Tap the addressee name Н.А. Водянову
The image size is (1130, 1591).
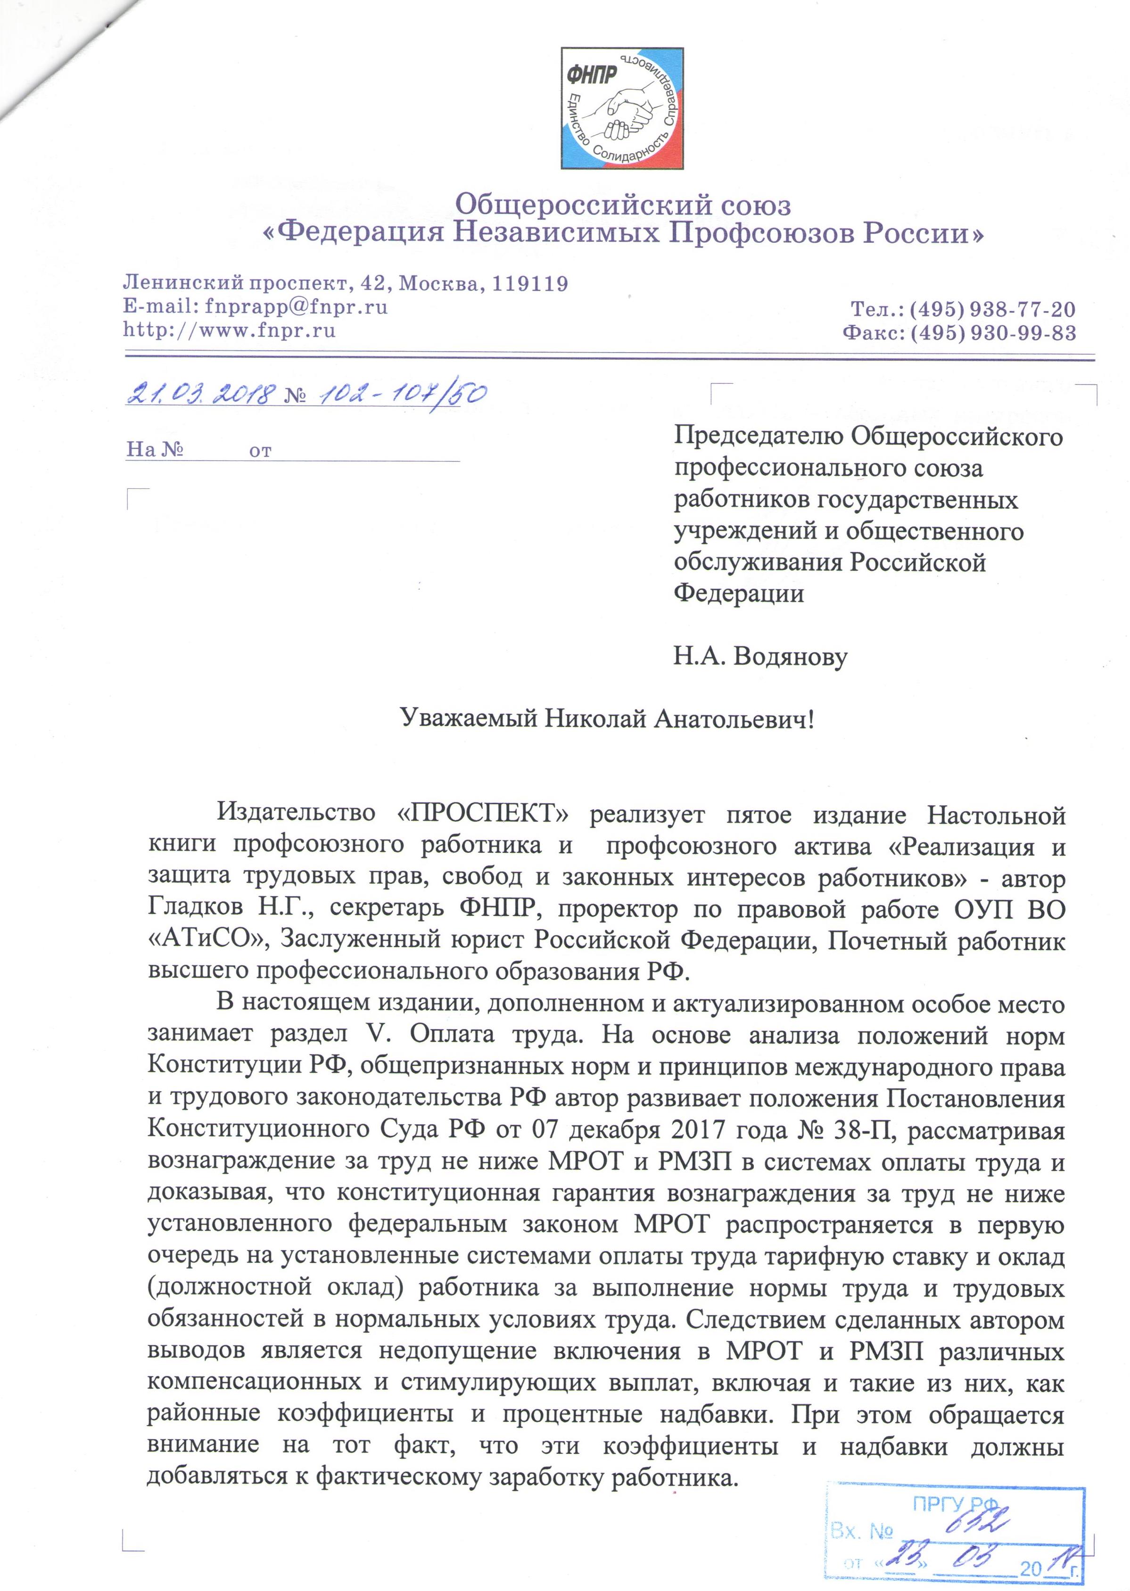click(x=760, y=656)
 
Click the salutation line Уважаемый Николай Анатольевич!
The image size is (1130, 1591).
click(x=608, y=718)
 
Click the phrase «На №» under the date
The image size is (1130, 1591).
click(x=155, y=449)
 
